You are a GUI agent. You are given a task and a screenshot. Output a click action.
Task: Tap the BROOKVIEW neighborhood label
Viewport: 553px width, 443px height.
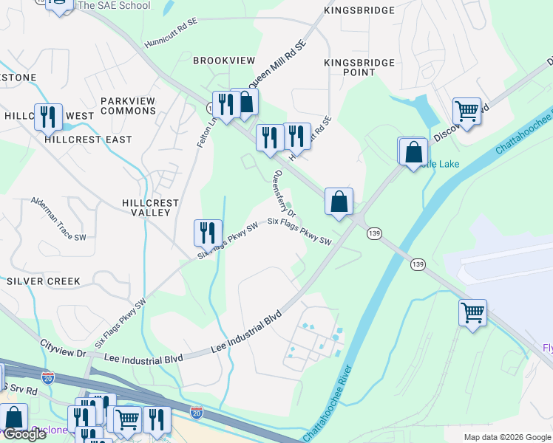pos(224,61)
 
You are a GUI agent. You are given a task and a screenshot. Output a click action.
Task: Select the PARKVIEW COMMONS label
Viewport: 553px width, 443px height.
pos(129,106)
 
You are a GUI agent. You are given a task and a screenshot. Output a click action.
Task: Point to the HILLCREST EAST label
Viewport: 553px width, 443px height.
pos(88,140)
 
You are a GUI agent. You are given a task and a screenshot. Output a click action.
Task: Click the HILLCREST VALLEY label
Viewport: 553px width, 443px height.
pos(150,207)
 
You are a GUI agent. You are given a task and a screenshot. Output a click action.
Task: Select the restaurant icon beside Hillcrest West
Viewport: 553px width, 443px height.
pos(48,117)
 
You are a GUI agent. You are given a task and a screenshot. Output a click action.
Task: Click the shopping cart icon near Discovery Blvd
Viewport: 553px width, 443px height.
pos(467,111)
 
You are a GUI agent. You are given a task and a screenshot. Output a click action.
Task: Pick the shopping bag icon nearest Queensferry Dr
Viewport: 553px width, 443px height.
pos(339,201)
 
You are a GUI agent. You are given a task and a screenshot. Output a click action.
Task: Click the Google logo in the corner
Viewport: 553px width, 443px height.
pos(24,435)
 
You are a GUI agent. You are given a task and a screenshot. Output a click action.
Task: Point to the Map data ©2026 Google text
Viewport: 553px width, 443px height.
pos(507,437)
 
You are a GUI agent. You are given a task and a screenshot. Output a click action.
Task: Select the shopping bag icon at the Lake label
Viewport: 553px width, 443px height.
pos(414,151)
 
